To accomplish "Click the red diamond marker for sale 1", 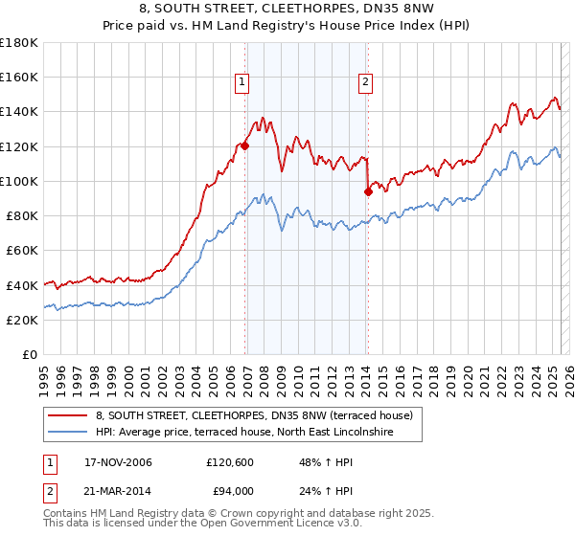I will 245,145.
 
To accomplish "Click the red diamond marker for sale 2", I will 368,191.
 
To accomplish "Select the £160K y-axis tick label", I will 19,78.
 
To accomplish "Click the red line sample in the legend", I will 68,415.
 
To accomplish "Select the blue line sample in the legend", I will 68,432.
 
